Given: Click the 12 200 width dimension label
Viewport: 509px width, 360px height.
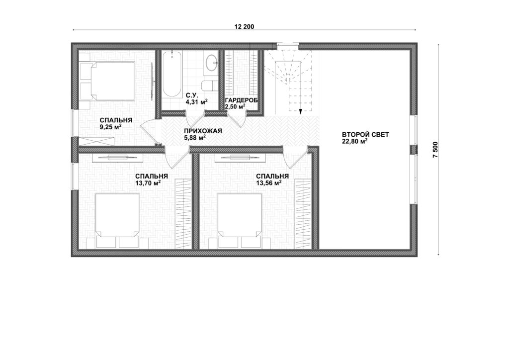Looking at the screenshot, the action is coord(244,27).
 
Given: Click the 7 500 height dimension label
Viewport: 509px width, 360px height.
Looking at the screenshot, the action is coord(435,150).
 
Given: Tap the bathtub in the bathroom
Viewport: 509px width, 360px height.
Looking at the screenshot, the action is coord(171,75).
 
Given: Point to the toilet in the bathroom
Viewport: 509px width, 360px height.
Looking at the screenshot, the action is coord(209,86).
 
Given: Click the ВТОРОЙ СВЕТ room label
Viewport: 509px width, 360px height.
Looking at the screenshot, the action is coord(365,134).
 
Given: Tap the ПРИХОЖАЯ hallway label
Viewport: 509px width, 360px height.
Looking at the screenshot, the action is coord(203,131).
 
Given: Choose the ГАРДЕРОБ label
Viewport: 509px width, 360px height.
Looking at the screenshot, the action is coord(241,100).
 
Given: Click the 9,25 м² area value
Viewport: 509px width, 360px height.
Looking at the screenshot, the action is coord(110,127).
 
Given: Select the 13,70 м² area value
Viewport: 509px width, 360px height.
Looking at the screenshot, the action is coord(148,183).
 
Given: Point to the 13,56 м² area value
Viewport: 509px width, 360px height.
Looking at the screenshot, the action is coord(268,183).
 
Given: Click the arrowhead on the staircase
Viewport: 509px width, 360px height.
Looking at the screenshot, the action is coord(301,111).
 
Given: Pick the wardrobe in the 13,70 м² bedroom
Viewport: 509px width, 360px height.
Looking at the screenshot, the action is coord(184,214).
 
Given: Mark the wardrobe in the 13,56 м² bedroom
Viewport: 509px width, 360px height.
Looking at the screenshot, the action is coord(303,214).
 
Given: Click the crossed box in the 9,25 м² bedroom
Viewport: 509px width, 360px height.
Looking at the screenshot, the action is coord(97,142).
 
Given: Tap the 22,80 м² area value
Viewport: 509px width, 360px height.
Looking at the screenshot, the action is coord(354,141).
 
